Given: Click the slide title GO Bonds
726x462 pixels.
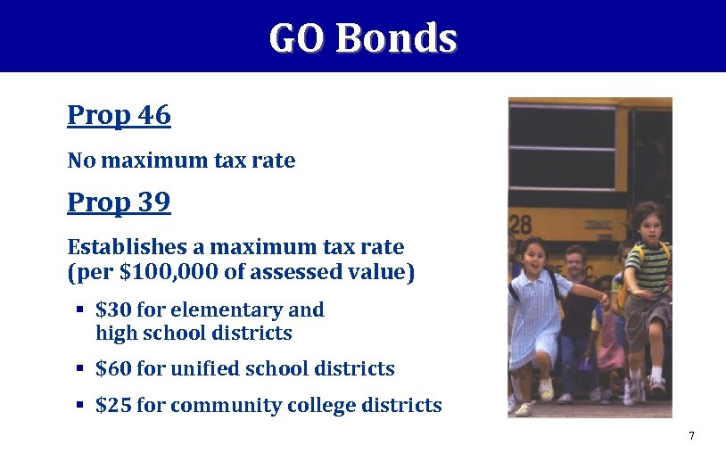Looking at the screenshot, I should click(x=362, y=38).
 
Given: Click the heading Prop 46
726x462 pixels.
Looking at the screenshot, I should click(x=119, y=115).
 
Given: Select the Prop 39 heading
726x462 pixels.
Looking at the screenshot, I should click(x=119, y=202).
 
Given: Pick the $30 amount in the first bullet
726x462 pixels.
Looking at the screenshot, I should click(x=113, y=310).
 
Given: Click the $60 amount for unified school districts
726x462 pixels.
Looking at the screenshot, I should click(x=113, y=368).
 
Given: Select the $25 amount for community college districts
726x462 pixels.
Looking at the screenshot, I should click(x=113, y=406).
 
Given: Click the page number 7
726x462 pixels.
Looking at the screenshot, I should click(x=691, y=436).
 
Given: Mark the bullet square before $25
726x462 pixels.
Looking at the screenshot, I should click(x=79, y=405).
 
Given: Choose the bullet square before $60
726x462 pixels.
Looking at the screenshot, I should click(x=79, y=367).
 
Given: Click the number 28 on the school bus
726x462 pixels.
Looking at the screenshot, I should click(x=521, y=223).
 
